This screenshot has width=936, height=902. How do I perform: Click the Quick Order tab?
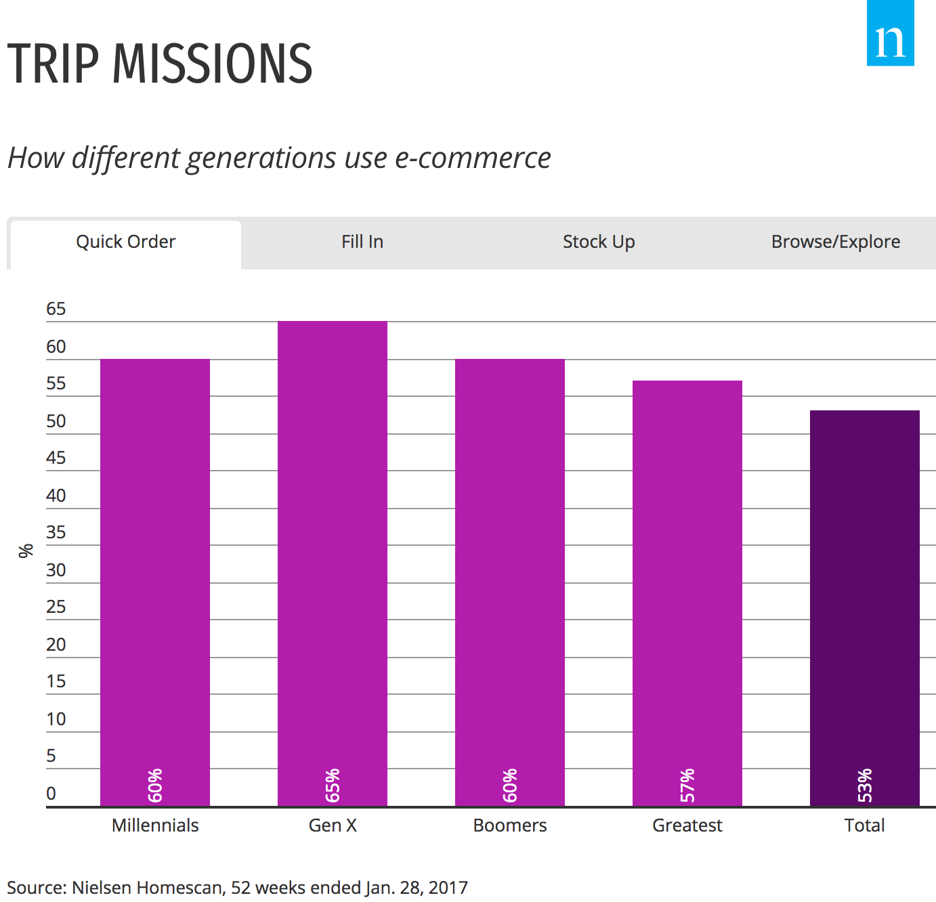coord(125,242)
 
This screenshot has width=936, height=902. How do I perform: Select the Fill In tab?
coord(362,242)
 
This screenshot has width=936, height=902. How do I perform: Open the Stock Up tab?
coord(599,242)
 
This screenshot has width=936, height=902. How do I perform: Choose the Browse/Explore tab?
coord(835,242)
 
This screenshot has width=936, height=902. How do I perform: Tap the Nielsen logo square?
coord(890,34)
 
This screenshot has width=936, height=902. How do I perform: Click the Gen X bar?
coord(333,562)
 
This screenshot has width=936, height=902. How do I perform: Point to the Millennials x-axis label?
coord(155,825)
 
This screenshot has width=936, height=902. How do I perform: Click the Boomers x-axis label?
coord(510,825)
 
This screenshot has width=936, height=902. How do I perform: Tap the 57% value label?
coord(687,786)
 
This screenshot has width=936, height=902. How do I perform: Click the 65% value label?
coord(333,786)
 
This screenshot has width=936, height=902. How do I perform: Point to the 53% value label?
coord(865,786)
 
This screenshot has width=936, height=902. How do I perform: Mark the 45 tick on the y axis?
coord(56,458)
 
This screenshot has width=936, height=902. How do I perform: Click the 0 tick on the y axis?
coord(51,794)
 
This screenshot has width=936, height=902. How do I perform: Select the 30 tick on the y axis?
coord(56,570)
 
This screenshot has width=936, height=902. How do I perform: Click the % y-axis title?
coord(26,551)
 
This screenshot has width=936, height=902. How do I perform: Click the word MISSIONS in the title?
coord(212,64)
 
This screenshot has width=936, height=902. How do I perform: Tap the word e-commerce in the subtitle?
coord(473,158)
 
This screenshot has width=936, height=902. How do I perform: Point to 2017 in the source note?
coord(448,888)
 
